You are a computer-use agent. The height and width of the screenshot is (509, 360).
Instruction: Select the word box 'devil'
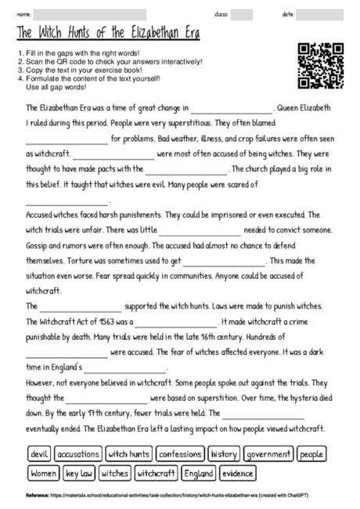[x=38, y=454]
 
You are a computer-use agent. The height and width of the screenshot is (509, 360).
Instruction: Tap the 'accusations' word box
[x=77, y=454]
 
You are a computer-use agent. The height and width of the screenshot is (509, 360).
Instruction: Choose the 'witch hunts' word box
[x=129, y=454]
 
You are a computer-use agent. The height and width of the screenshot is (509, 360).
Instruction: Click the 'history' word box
[x=224, y=454]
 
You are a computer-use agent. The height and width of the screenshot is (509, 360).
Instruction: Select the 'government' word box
[x=268, y=454]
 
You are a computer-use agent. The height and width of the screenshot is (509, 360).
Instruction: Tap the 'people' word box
[x=312, y=454]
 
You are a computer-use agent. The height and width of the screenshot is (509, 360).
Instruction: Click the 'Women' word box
[x=43, y=474]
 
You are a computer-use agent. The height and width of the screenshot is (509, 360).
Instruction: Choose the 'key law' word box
[x=80, y=474]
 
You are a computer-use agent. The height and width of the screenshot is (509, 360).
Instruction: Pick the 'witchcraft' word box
[x=156, y=474]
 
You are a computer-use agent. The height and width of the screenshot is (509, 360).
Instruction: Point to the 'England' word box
[x=198, y=474]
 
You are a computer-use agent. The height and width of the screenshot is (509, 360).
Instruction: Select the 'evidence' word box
[x=237, y=474]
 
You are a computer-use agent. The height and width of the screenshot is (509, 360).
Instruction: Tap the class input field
[x=242, y=14]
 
